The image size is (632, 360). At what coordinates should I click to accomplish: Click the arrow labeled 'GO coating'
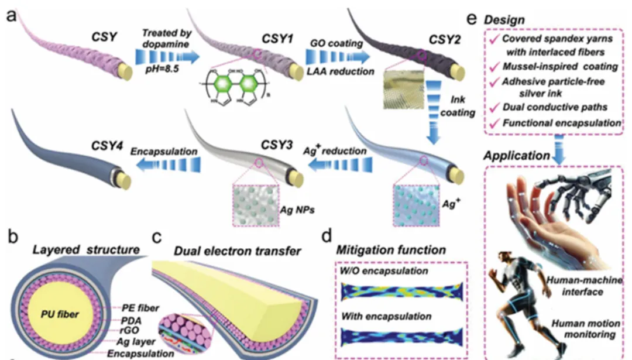pos(338,57)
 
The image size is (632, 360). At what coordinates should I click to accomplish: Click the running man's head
pos(501,258)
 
